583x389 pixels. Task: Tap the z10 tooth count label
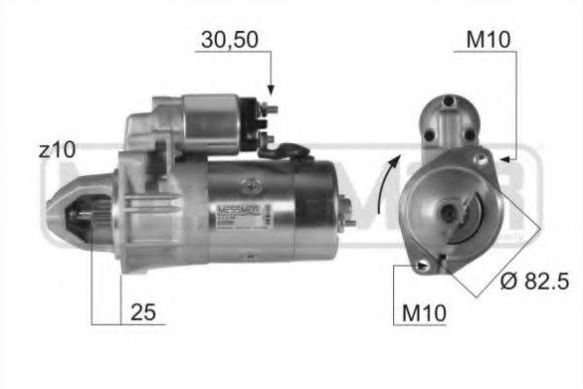tap(57, 150)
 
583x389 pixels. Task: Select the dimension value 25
tap(142, 313)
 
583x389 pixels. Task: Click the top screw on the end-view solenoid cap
tap(449, 101)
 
